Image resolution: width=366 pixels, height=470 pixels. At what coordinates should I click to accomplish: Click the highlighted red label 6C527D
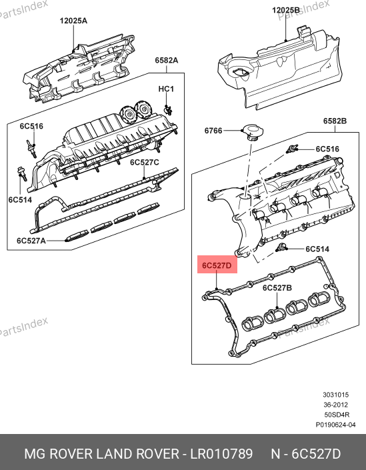tap(217, 265)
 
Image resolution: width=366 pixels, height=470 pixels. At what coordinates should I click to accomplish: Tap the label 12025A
tap(73, 21)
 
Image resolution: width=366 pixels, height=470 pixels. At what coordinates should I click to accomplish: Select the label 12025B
tap(285, 10)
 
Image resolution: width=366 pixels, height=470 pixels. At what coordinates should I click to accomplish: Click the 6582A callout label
tap(167, 60)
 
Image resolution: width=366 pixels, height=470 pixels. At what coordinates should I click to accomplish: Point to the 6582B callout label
tap(335, 121)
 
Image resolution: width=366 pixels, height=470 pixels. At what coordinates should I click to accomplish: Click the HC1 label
tap(166, 89)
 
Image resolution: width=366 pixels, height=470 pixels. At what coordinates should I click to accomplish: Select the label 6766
tap(213, 131)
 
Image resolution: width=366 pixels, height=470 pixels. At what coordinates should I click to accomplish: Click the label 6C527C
tap(145, 162)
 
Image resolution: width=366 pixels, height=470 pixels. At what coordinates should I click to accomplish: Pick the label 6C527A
tap(31, 241)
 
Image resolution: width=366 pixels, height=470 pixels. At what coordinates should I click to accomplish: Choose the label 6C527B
tap(277, 288)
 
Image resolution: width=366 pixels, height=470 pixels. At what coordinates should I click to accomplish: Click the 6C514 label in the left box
tap(20, 199)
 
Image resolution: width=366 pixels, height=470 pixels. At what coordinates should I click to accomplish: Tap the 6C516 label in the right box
tap(327, 149)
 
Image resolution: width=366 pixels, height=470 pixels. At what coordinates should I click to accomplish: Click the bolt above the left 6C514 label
tap(23, 173)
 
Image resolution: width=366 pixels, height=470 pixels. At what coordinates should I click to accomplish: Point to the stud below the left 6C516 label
tap(32, 149)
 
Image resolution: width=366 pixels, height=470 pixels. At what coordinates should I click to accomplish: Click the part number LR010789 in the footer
tap(221, 454)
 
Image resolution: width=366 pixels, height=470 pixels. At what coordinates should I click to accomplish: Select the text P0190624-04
tap(335, 425)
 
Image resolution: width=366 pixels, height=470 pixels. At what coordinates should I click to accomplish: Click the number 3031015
tap(336, 395)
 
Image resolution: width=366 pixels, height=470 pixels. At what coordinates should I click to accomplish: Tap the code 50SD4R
tap(337, 415)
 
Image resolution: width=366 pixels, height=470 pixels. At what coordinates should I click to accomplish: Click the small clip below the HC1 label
tap(168, 110)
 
